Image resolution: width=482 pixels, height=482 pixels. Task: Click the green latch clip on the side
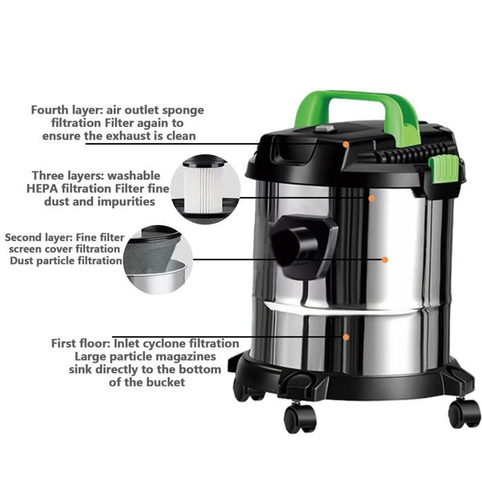[443, 169]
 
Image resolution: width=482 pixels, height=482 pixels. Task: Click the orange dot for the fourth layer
[346, 144]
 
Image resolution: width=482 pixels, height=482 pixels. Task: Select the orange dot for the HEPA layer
[371, 198]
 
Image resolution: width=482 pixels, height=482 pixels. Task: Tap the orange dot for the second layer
[384, 260]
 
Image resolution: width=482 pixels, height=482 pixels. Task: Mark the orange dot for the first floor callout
[346, 337]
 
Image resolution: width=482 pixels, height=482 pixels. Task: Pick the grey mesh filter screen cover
[151, 252]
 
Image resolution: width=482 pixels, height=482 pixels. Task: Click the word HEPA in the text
[42, 189]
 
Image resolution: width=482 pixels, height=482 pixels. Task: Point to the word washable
[134, 176]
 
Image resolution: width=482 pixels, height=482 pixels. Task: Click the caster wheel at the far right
[465, 413]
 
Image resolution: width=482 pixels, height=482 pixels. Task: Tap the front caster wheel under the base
[300, 418]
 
